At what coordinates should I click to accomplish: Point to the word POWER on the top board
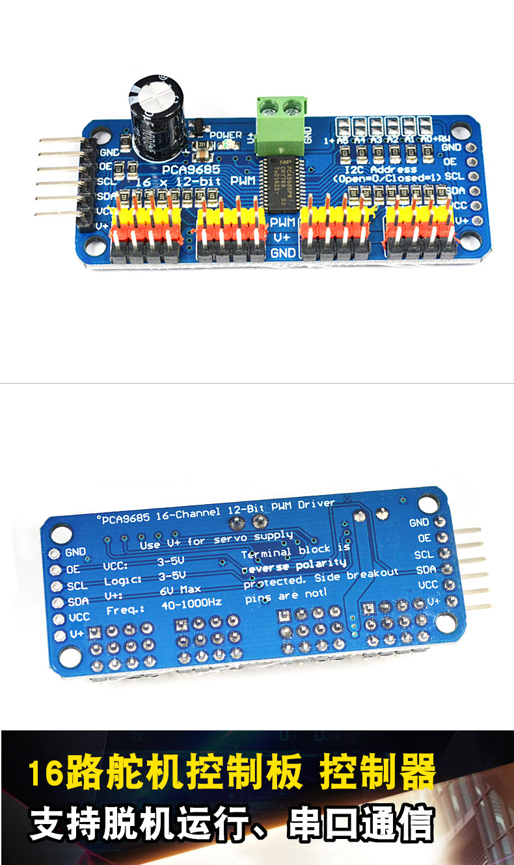(x=226, y=135)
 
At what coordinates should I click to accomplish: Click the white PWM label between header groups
(x=284, y=222)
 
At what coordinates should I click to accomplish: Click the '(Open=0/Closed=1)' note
(x=386, y=178)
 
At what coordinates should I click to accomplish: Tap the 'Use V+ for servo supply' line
(x=216, y=541)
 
